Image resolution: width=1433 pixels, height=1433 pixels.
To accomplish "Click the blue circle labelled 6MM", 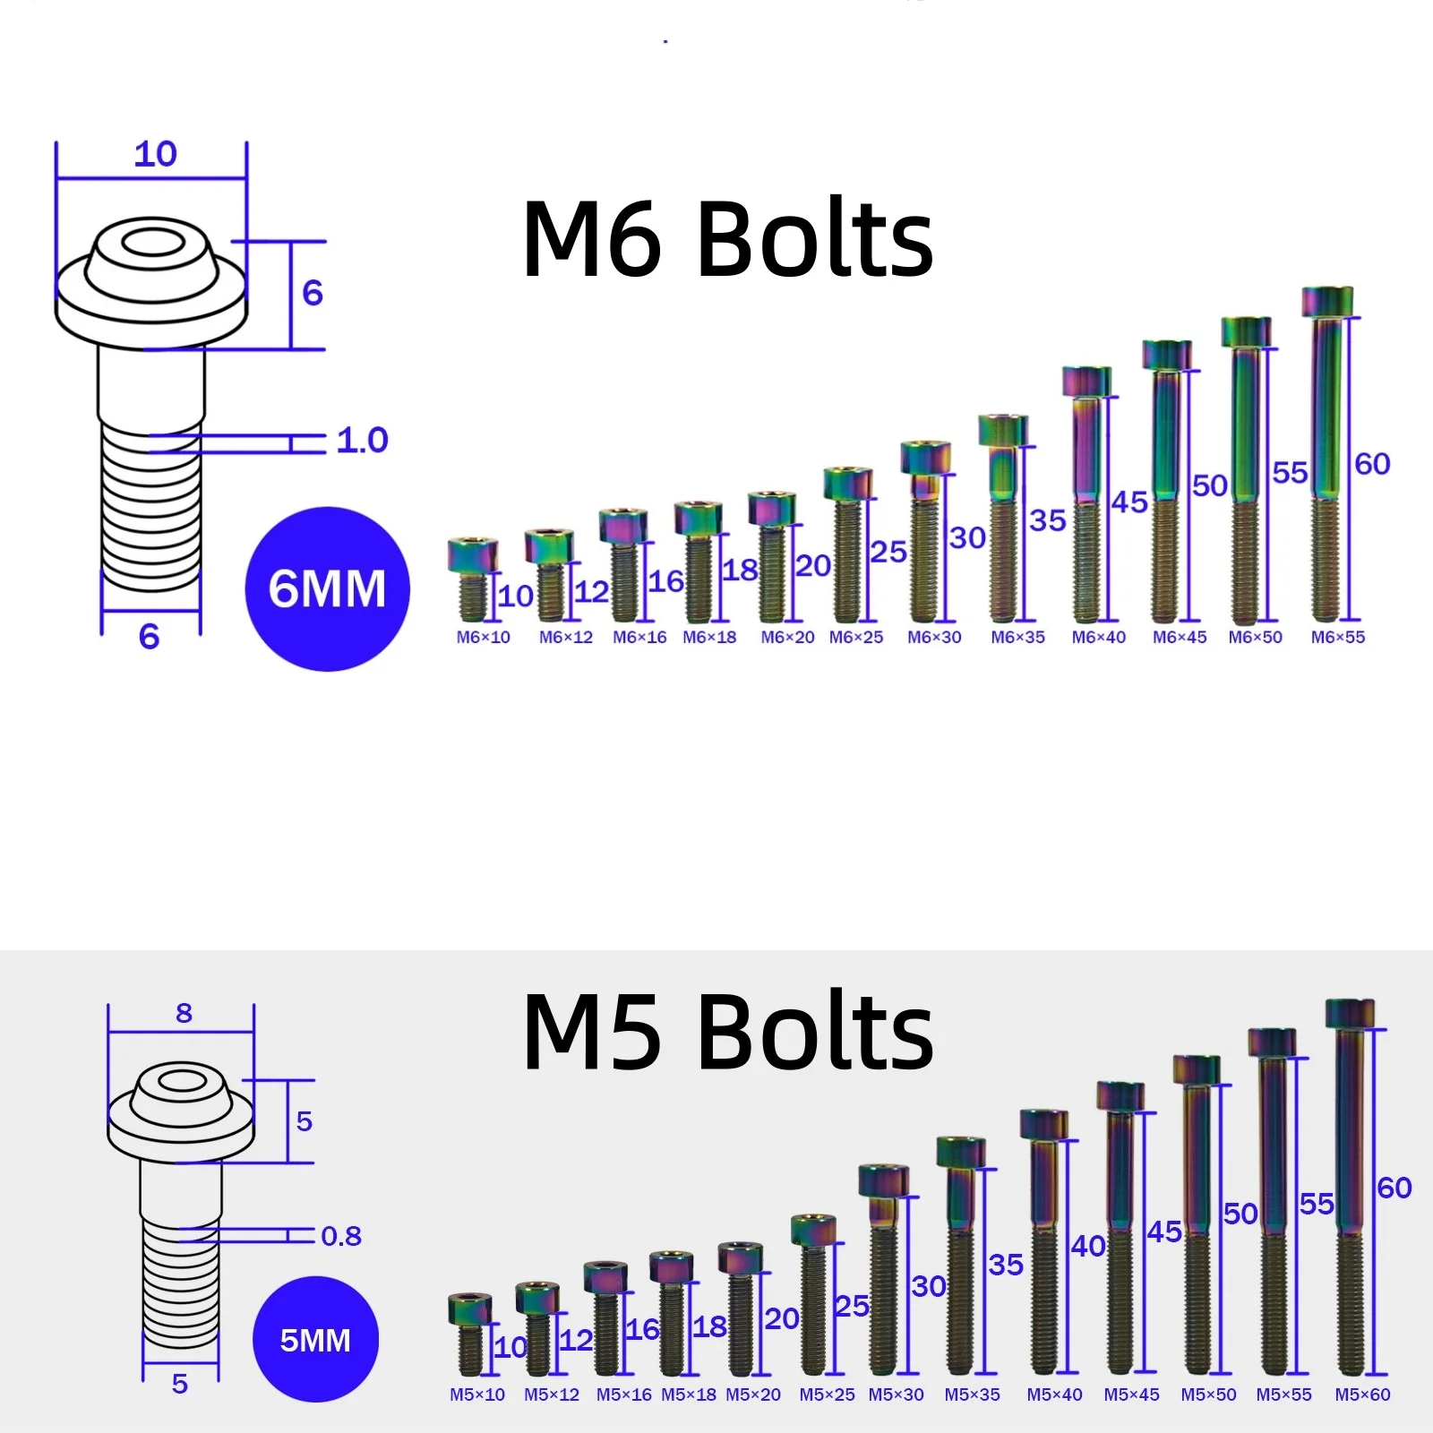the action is tap(327, 588).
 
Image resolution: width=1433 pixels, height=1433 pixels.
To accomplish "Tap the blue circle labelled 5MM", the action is tap(315, 1339).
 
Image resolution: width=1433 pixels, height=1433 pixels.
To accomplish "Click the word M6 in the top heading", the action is tap(592, 239).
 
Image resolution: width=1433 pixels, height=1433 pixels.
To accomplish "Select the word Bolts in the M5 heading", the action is tap(815, 1033).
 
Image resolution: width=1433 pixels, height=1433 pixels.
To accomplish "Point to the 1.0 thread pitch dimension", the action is tap(363, 440).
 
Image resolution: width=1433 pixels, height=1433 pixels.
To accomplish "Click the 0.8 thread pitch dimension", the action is tap(341, 1236).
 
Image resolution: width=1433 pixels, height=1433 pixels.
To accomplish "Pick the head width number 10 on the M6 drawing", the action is tap(156, 154).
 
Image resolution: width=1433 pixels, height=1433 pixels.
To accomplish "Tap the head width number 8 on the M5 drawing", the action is tap(184, 1013).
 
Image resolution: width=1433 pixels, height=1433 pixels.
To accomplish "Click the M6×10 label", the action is tap(483, 637).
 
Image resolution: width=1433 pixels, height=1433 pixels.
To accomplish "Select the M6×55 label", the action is tap(1338, 637).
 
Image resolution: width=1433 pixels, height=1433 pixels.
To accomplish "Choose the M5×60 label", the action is tap(1362, 1394).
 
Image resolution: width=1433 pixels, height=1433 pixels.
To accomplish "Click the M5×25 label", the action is tap(827, 1394).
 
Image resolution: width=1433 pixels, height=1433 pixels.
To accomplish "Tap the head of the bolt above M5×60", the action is tap(1350, 1014).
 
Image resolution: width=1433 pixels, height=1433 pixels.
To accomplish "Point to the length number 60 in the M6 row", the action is tap(1372, 464).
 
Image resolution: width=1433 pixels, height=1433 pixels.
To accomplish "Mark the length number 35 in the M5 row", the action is tap(1006, 1265).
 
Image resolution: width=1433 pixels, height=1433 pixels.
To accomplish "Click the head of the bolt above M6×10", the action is tap(473, 555).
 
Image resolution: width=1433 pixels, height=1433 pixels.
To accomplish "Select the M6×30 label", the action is tap(934, 637).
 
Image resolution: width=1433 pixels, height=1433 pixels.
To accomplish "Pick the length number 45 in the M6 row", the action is tap(1129, 502).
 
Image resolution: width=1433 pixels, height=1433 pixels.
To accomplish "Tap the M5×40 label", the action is tap(1054, 1394).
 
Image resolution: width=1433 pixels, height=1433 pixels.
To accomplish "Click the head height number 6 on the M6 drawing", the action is tap(313, 293).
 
